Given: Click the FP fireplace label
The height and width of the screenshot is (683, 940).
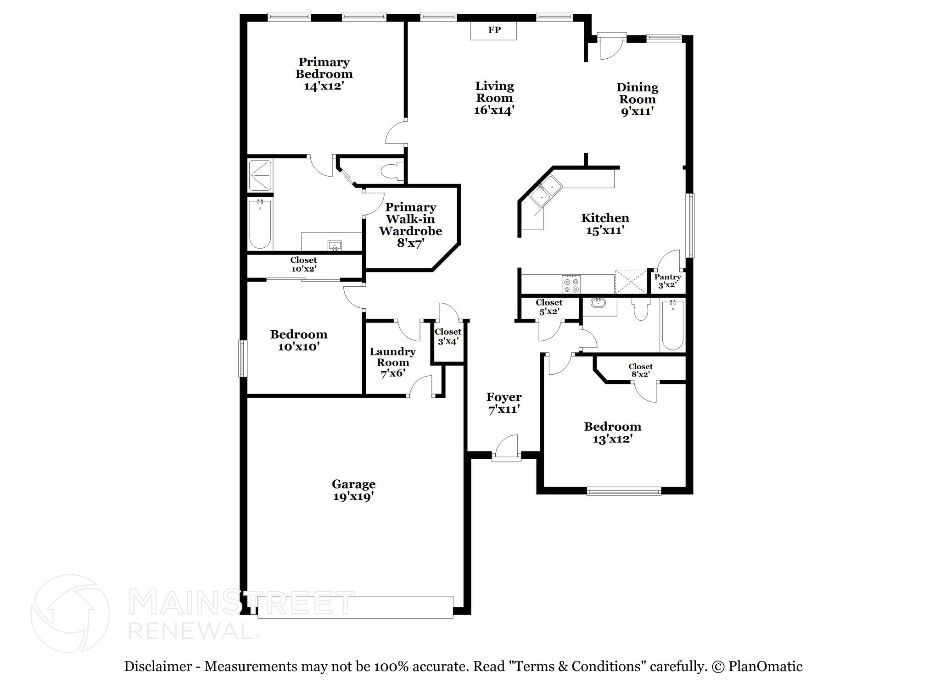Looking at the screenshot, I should point(494,30).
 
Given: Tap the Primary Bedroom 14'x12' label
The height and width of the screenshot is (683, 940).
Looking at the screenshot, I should point(324,74).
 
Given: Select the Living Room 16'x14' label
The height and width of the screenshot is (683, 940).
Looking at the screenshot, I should point(494,98).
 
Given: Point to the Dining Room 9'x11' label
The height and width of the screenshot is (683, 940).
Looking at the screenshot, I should point(637,99).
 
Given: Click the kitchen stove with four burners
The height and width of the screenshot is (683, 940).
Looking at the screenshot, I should point(571,284).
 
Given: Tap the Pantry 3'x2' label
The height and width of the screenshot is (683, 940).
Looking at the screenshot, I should point(667,281).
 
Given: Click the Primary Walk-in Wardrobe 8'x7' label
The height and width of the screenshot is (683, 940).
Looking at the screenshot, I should point(410,225).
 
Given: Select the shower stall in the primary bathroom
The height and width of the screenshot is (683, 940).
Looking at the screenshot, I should point(260,175).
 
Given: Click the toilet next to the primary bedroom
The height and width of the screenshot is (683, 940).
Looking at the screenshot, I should point(392,171).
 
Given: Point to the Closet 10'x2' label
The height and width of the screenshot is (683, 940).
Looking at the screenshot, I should point(303,264).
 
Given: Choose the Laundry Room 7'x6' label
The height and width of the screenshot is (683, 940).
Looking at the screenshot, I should point(392,362).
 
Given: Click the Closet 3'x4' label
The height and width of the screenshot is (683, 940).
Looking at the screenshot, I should point(448,336).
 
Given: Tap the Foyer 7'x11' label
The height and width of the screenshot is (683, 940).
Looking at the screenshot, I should point(504,403).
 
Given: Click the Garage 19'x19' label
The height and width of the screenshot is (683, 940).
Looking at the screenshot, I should point(353,490).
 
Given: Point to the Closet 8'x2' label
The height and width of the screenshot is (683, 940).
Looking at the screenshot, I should point(640,370).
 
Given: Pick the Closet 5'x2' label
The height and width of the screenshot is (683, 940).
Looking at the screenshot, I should point(549,307).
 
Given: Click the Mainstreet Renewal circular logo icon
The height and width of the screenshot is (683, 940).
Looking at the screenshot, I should point(70,614).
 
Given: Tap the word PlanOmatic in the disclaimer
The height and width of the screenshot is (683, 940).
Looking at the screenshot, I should point(765,666).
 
